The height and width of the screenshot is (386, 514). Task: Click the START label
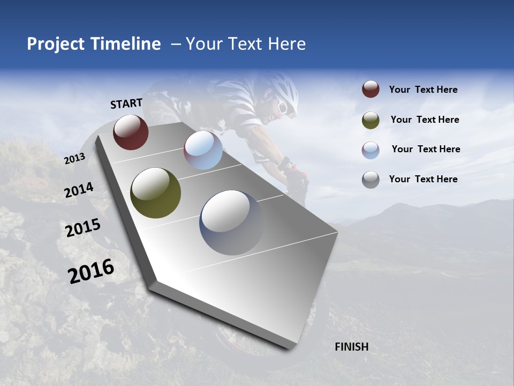[x=126, y=103]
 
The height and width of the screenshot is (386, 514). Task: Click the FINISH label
[x=351, y=347]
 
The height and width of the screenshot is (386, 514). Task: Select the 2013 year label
[x=74, y=159]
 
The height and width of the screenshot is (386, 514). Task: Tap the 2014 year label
[x=79, y=190]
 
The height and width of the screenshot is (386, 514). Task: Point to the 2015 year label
[x=82, y=228]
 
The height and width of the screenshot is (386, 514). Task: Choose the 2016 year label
[x=91, y=271]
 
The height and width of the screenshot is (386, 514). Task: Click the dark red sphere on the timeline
[x=131, y=132]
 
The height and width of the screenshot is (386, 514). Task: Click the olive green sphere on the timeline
[x=155, y=193]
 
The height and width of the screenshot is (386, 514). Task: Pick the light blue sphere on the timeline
[x=203, y=150]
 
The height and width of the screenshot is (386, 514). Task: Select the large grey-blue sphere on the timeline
[x=231, y=222]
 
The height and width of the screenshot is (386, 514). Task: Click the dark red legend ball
[x=371, y=89]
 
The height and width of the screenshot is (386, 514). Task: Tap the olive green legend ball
[x=371, y=120]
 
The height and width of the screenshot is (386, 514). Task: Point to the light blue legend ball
[x=371, y=150]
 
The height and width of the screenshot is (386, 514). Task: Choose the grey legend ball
[x=371, y=180]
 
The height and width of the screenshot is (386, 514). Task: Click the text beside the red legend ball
[x=423, y=90]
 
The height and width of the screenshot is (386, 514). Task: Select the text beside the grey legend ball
[x=423, y=179]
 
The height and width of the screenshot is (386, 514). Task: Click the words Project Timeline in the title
[x=94, y=44]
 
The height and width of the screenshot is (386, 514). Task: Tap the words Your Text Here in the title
[x=246, y=44]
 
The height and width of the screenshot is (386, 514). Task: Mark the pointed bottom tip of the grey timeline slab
[x=290, y=348]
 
